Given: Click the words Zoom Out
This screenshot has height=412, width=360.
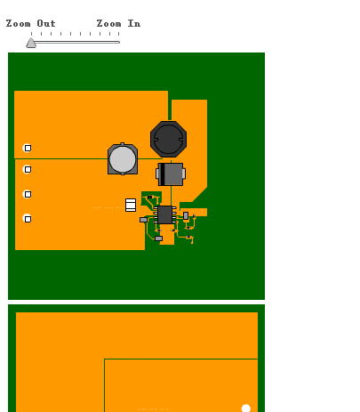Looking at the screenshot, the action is click(x=31, y=23).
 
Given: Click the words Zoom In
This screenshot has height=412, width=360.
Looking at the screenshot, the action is click(x=118, y=23).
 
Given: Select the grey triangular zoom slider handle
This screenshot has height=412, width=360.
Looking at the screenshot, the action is click(x=31, y=43).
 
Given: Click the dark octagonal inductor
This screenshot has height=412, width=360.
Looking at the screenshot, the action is click(x=168, y=139).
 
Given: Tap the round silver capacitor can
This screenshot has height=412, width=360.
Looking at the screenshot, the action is click(x=123, y=159).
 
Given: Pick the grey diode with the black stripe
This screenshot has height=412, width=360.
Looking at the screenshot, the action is click(x=171, y=174).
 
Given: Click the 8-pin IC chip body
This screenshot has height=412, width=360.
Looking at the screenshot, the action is click(x=165, y=214).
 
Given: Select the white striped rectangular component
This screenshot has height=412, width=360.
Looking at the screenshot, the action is click(x=131, y=205).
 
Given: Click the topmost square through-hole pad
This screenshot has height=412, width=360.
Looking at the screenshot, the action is click(x=28, y=148).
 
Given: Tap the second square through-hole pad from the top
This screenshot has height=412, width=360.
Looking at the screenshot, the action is click(x=28, y=169).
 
